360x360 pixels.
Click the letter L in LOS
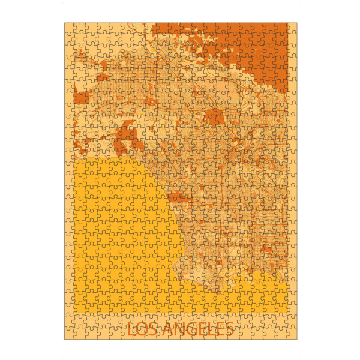133,329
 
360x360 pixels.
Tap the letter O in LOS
144,329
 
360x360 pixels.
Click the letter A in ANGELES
170,329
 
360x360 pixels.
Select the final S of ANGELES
228,329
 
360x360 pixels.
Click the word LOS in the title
144,329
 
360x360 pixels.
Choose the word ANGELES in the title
199,329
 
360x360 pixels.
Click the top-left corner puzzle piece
70,28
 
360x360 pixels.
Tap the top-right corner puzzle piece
292,28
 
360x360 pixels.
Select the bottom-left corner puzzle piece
70,334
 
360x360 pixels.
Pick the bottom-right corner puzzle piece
292,334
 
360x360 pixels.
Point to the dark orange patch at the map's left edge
80,98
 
